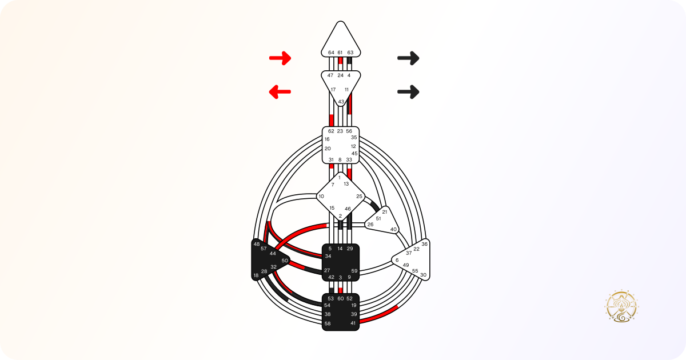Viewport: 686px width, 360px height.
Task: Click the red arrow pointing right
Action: pyautogui.click(x=280, y=58)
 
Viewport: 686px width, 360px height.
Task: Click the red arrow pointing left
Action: pyautogui.click(x=280, y=92)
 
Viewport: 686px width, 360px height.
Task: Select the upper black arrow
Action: pyautogui.click(x=408, y=58)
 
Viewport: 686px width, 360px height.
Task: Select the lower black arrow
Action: pyautogui.click(x=408, y=92)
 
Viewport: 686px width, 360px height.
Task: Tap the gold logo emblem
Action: pyautogui.click(x=621, y=307)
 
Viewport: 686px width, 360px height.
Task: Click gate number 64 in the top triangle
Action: pyautogui.click(x=331, y=53)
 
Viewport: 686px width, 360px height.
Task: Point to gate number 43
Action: pyautogui.click(x=341, y=102)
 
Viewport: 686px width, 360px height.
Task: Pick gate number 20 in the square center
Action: pyautogui.click(x=328, y=149)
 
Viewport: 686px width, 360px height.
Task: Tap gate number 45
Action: pyautogui.click(x=354, y=153)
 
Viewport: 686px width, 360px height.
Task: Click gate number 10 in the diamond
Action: pyautogui.click(x=321, y=196)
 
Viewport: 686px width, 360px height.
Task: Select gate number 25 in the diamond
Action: pyautogui.click(x=359, y=196)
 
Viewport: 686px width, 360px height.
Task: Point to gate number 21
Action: pyautogui.click(x=385, y=212)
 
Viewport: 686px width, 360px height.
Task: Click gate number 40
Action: pyautogui.click(x=393, y=229)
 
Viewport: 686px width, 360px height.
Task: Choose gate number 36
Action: pyautogui.click(x=424, y=244)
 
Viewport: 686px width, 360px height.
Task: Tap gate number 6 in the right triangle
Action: pyautogui.click(x=397, y=260)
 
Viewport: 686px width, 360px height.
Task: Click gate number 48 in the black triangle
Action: pyautogui.click(x=257, y=244)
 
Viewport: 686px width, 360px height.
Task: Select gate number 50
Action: pyautogui.click(x=285, y=261)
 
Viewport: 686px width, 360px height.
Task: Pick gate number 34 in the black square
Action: pyautogui.click(x=328, y=256)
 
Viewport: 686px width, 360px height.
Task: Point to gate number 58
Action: pyautogui.click(x=328, y=323)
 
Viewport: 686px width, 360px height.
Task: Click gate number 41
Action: pyautogui.click(x=353, y=323)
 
